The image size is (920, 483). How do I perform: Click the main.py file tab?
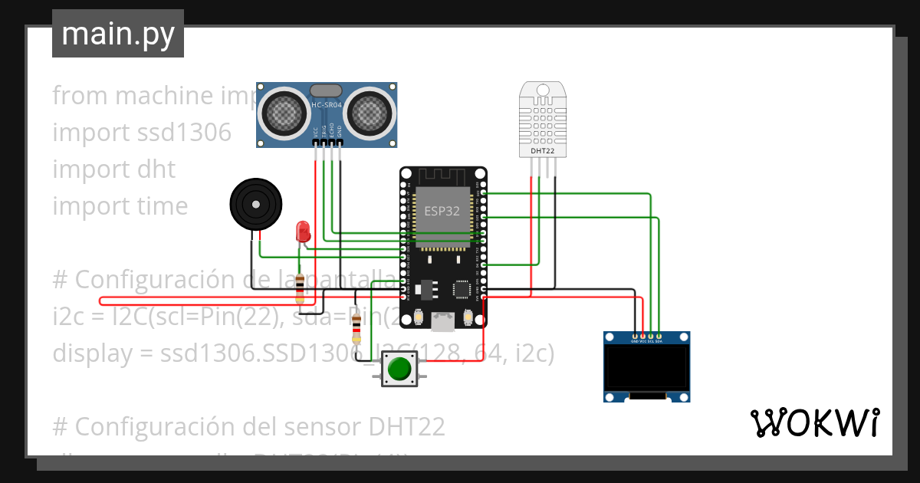(x=118, y=34)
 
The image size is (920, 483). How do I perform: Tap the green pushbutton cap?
(x=399, y=370)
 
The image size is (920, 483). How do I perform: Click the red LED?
(x=303, y=231)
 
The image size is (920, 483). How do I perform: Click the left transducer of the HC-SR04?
(x=285, y=113)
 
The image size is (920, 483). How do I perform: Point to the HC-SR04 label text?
(x=326, y=105)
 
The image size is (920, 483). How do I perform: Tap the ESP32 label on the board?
(x=442, y=211)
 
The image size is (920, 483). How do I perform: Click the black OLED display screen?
(x=646, y=369)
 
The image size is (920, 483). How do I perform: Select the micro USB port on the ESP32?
(x=442, y=322)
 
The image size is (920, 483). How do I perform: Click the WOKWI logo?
(x=814, y=422)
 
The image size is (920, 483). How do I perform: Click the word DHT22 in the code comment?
(x=407, y=426)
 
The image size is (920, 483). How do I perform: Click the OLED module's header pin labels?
(x=646, y=341)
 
